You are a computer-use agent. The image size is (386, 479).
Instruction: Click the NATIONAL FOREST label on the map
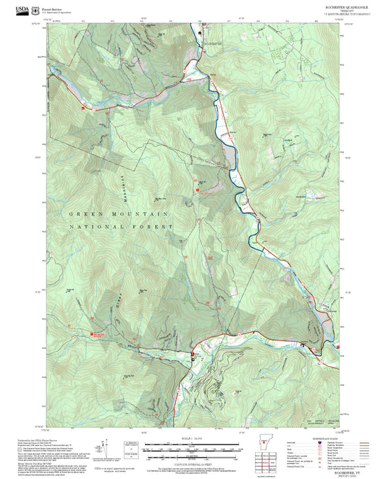(x=122, y=226)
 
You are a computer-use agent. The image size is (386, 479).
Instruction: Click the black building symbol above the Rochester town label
(x=204, y=33)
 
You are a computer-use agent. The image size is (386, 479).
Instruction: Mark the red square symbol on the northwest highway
(x=84, y=108)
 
